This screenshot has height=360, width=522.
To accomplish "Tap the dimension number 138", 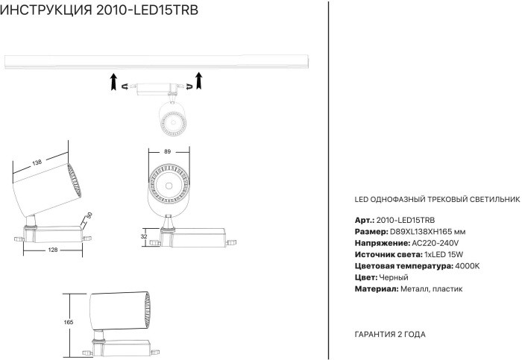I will [x=36, y=162].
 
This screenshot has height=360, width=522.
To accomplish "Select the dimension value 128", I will [x=53, y=250].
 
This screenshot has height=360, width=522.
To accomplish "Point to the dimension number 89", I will [x=168, y=152].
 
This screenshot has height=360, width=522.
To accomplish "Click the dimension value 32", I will [x=144, y=236].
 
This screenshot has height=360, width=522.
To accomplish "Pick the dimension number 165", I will [x=69, y=322].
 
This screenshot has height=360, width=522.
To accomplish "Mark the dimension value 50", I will [x=89, y=216].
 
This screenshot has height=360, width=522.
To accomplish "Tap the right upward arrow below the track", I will [x=199, y=80].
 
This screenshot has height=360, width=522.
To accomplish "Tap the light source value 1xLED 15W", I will [x=435, y=255].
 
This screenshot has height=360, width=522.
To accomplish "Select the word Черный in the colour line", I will [x=393, y=277].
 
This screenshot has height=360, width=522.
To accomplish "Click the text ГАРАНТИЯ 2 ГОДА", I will [x=389, y=335].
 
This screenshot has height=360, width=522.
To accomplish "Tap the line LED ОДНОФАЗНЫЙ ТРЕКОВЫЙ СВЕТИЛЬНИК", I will [x=434, y=200].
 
